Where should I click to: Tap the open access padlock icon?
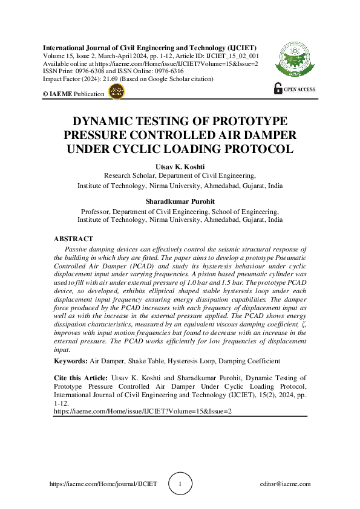point(278,88)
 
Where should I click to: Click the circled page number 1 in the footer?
point(180,484)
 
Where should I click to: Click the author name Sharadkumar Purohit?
point(180,201)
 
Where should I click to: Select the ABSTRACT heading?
point(73,239)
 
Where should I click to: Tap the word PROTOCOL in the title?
point(249,149)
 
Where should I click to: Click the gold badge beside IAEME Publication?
point(115,91)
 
